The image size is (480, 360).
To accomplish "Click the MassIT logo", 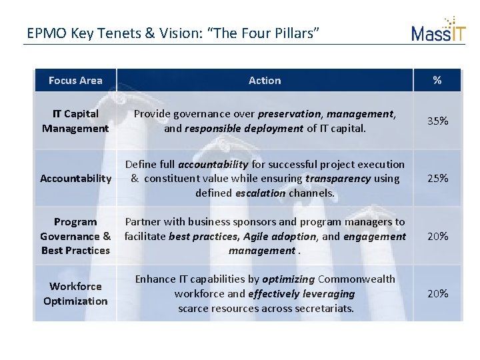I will click(x=438, y=29).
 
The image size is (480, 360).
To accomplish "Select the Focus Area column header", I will click(x=75, y=81).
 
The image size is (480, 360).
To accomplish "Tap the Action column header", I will click(x=265, y=81).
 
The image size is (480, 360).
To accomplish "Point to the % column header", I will click(x=437, y=81).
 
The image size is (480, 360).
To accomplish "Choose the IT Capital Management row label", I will click(x=75, y=121).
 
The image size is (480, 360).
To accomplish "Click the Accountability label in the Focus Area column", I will click(x=75, y=178).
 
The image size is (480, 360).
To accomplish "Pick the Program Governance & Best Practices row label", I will click(x=75, y=236).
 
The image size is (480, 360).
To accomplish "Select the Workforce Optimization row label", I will click(x=75, y=293).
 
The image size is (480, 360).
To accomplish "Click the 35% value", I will click(x=437, y=121).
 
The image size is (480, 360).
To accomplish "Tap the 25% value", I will click(x=437, y=179).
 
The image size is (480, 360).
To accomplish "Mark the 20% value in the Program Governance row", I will click(x=437, y=236).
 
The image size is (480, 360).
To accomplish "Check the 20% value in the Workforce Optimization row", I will click(x=437, y=293).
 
